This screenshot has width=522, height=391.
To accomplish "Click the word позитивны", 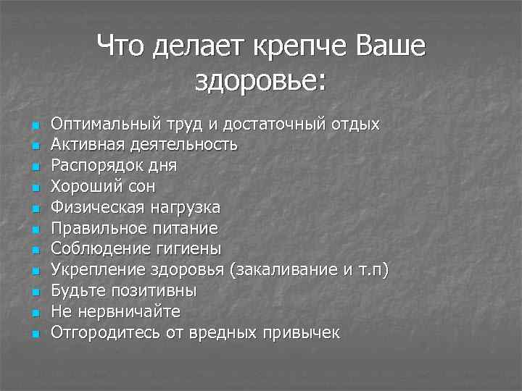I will coord(154,291).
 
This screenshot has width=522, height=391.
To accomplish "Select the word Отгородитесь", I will coord(99,333).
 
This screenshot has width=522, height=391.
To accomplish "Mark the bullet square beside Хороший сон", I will coord(33,188).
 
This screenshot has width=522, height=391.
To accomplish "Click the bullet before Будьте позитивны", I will coord(33,293).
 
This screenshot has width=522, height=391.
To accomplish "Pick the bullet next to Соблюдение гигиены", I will coord(33,251).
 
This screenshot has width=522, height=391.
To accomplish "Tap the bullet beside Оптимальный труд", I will coord(33,126).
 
